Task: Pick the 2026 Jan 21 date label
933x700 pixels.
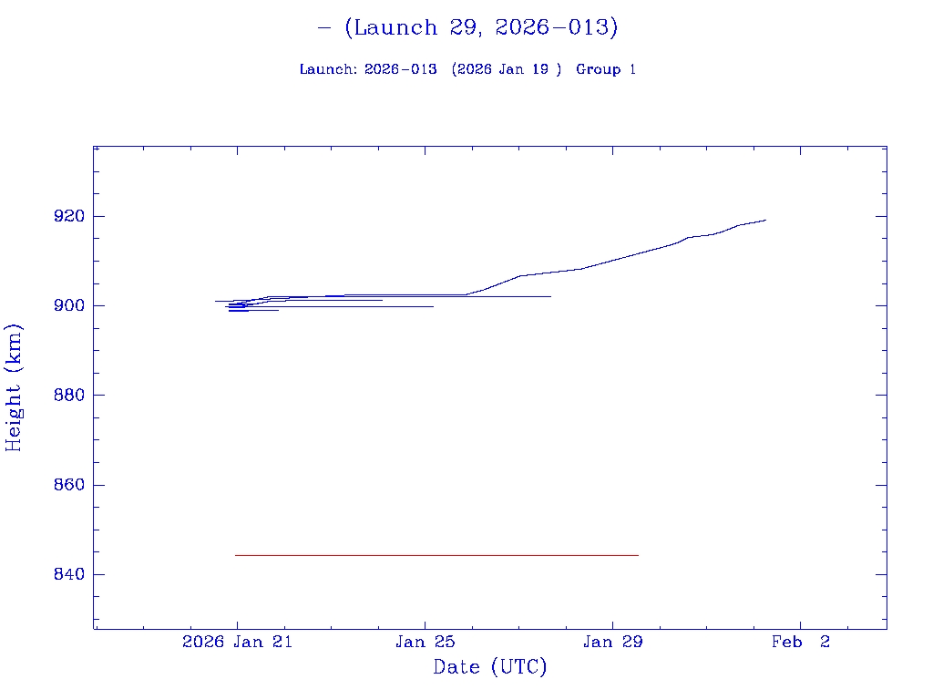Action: pyautogui.click(x=236, y=642)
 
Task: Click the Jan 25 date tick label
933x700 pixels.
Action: pyautogui.click(x=425, y=642)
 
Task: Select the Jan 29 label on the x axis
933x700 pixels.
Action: pyautogui.click(x=613, y=642)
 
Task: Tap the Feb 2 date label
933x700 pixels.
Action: pyautogui.click(x=800, y=642)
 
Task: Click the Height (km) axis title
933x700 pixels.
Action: pyautogui.click(x=14, y=387)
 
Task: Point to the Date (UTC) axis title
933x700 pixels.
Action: pyautogui.click(x=490, y=667)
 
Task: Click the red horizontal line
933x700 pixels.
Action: pyautogui.click(x=437, y=555)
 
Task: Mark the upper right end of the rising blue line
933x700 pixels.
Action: pyautogui.click(x=765, y=220)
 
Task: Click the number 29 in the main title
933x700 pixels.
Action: pyautogui.click(x=464, y=27)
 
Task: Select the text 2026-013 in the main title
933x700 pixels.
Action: pyautogui.click(x=551, y=27)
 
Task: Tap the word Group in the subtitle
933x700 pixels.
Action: pyautogui.click(x=597, y=69)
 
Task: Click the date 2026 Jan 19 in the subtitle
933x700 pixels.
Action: pyautogui.click(x=506, y=69)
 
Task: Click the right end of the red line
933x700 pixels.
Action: pyautogui.click(x=638, y=555)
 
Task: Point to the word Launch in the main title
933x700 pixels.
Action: pyautogui.click(x=395, y=27)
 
